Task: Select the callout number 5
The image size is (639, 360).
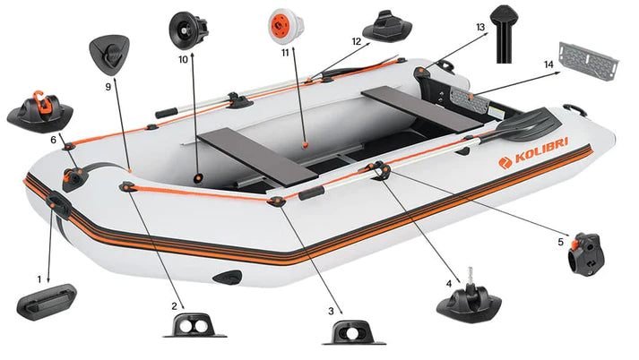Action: coord(561,241)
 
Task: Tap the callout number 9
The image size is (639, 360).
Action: coord(108,87)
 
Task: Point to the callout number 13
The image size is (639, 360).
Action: coord(480,28)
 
